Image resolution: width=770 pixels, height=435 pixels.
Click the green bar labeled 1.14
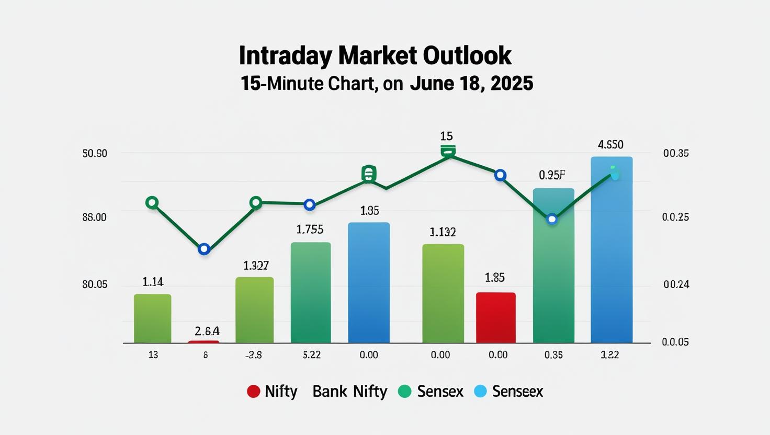152,318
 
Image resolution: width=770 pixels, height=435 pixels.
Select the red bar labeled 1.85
495,317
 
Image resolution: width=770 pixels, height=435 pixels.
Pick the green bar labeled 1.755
310,293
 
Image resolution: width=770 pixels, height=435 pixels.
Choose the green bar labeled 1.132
443,293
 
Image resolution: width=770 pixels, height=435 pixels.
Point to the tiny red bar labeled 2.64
203,342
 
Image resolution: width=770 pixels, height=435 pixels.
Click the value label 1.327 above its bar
256,266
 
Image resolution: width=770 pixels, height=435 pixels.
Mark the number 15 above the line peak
446,136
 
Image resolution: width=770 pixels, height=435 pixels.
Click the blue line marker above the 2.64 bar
204,249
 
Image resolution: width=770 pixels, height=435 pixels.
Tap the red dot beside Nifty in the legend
253,392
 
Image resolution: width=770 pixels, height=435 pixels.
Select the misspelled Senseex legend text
517,392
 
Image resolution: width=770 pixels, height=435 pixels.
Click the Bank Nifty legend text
349,392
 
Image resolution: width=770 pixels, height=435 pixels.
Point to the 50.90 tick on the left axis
95,154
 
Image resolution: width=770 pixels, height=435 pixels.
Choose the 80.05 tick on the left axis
95,284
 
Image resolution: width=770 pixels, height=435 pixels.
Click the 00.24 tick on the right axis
676,284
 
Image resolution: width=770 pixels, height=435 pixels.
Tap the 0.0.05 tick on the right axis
675,342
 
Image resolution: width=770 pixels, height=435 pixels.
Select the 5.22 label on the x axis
312,355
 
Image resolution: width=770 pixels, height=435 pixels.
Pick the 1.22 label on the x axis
609,355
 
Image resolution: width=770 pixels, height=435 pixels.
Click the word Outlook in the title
467,55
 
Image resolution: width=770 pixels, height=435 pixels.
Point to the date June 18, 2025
471,84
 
